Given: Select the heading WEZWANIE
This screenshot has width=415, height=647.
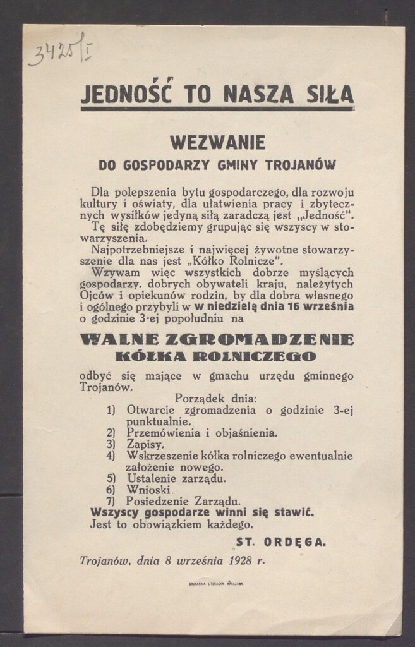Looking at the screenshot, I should point(217,142).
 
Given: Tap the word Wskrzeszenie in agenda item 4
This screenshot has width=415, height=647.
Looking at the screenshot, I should point(162,456).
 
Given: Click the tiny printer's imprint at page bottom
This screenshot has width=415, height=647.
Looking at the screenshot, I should point(216,584).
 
